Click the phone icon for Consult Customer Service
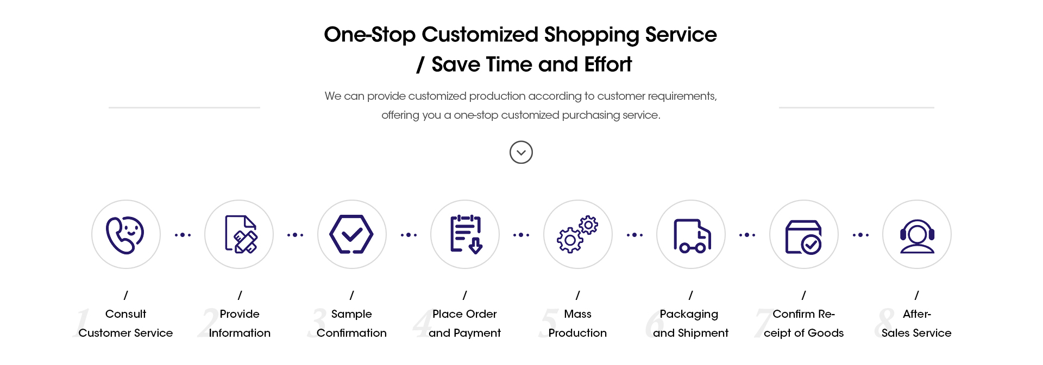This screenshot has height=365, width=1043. pos(125,234)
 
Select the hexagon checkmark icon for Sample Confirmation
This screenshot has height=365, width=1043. pos(351,234)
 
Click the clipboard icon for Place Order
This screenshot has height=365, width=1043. pos(466,234)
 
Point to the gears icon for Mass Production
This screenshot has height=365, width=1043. pos(577,234)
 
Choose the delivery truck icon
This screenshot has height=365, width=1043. pos(692,235)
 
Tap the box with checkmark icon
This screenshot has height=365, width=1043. pos(803,236)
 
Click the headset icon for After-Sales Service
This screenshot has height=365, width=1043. pos(917,236)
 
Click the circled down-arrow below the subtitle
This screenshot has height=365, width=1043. pos(521,152)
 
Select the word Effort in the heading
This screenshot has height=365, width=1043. pos(608,65)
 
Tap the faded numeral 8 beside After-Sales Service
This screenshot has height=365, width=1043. pos(885,323)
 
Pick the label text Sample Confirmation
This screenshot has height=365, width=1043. pos(351,323)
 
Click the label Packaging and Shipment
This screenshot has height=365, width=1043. pos(690,323)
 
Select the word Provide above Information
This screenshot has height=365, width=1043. pos(240,314)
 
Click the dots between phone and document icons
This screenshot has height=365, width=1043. pos(183,235)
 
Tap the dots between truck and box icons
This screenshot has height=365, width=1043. pos(747,235)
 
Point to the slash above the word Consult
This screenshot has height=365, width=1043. pos(125,295)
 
